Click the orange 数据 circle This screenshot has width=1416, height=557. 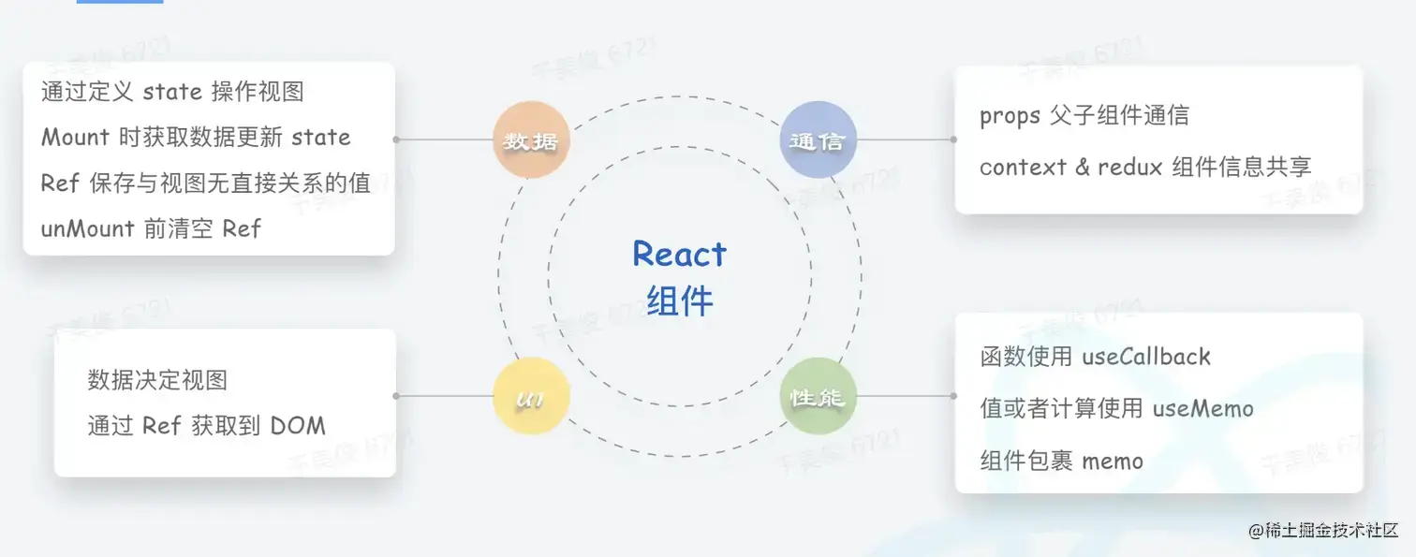point(531,140)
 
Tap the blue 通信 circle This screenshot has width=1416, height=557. point(818,140)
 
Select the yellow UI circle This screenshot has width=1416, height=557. point(531,396)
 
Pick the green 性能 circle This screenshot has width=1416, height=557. point(818,396)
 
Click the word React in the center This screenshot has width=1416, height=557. point(680,254)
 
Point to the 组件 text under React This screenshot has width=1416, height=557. point(680,301)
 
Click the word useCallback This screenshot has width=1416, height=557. point(1145,357)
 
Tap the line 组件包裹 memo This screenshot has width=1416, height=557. point(1061,461)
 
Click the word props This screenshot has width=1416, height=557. point(1010,115)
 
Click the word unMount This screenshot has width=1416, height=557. point(88,228)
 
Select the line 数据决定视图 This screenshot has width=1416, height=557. point(157,380)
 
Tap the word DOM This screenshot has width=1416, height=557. point(298,426)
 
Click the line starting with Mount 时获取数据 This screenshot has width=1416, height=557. point(196,138)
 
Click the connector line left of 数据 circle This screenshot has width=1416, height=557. point(445,139)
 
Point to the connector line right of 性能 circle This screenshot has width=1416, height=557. point(904,396)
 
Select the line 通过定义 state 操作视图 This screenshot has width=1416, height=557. point(172,92)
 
